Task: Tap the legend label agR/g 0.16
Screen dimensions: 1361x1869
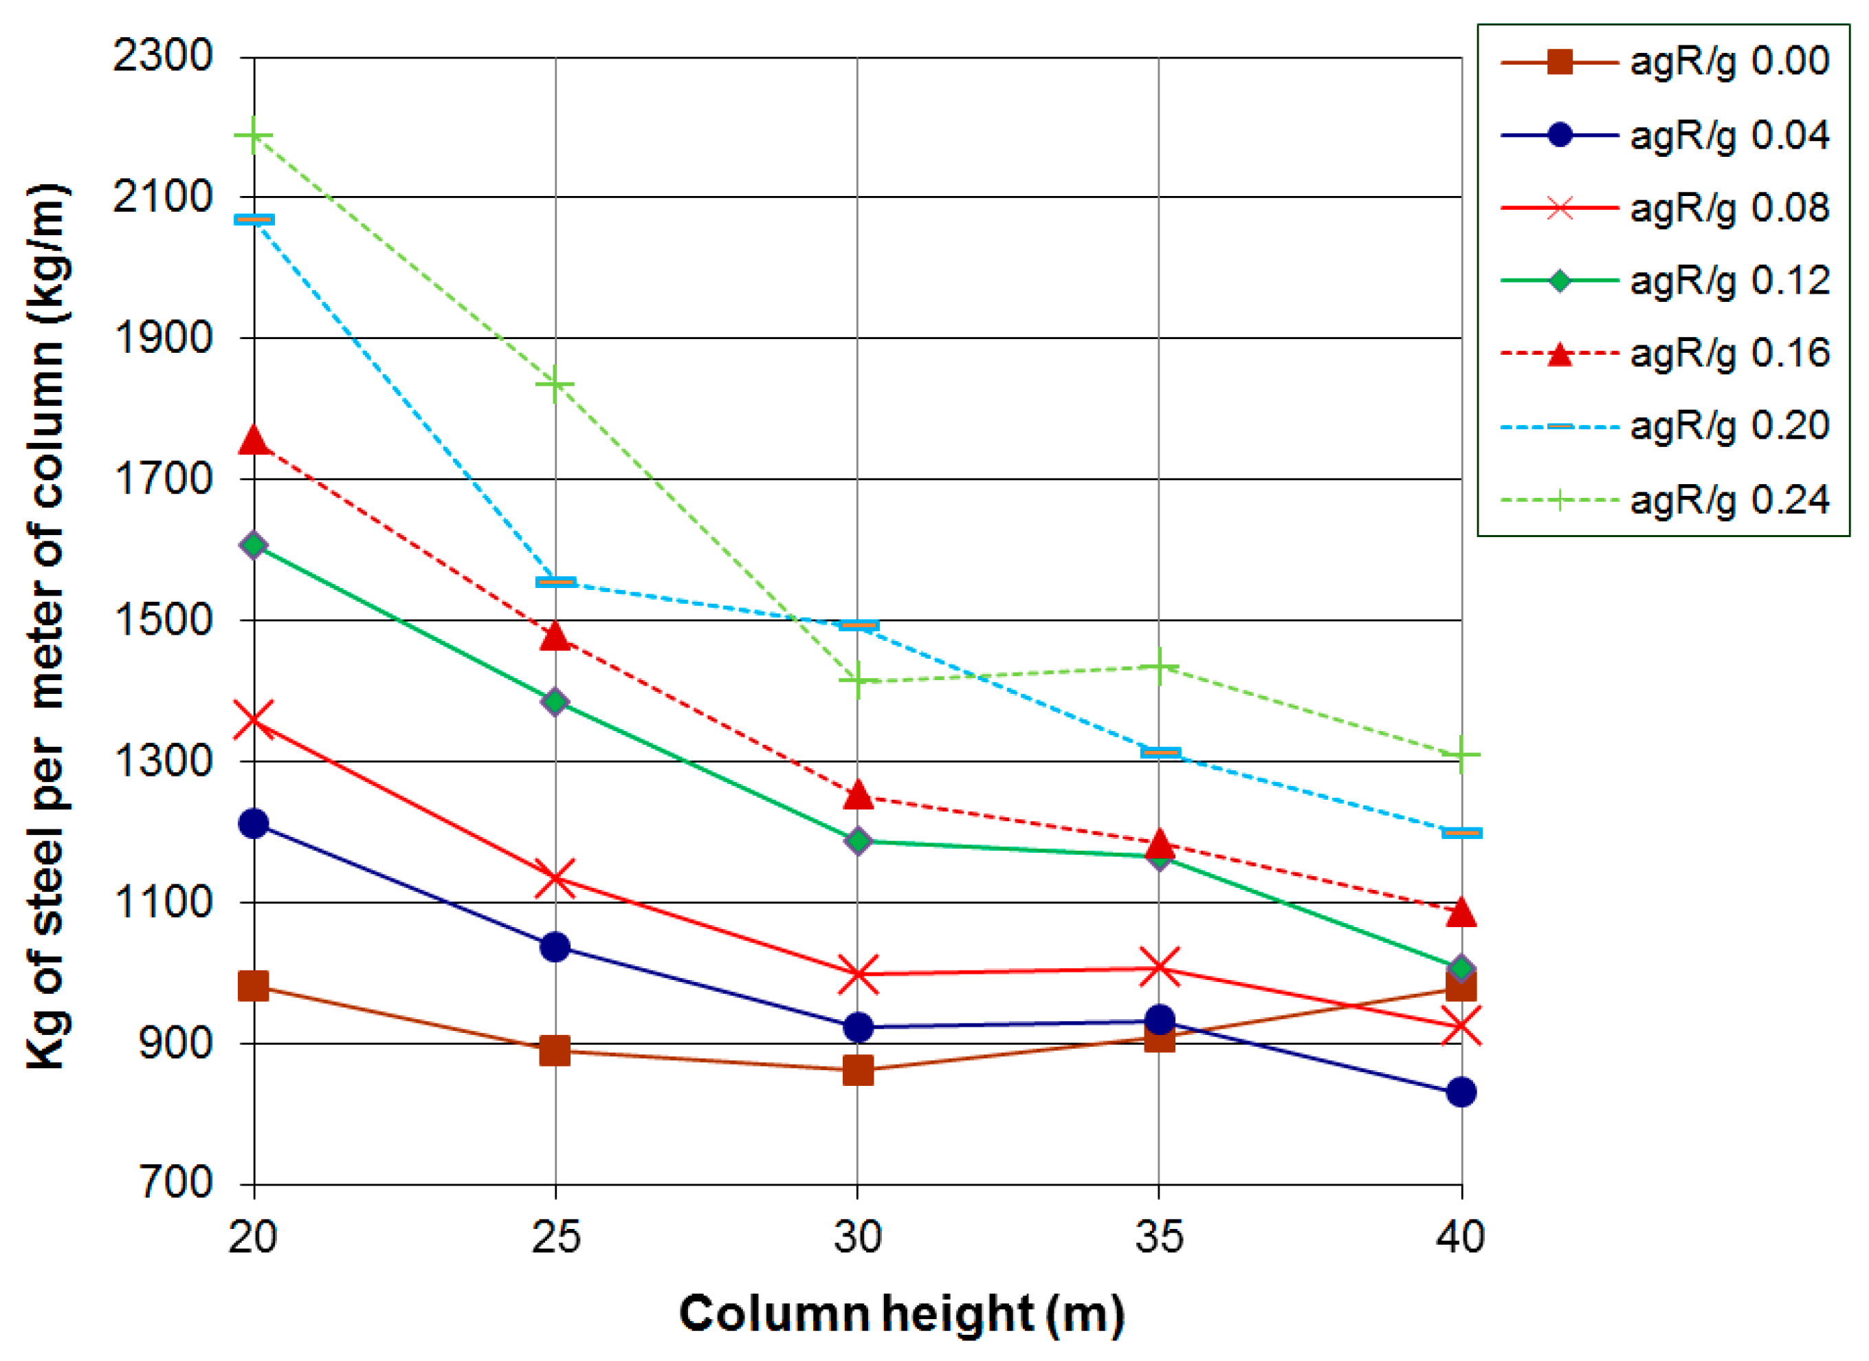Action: point(1729,353)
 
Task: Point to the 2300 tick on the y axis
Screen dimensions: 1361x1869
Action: point(163,56)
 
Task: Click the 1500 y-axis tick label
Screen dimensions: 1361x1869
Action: point(163,620)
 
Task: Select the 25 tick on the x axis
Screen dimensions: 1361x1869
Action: point(555,1237)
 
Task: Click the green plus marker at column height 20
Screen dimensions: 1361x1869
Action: point(254,135)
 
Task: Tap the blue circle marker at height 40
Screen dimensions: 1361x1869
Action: point(1461,1093)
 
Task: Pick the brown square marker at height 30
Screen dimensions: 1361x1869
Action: point(858,1071)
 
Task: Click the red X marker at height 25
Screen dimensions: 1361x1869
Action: point(555,879)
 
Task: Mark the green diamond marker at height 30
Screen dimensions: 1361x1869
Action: point(858,842)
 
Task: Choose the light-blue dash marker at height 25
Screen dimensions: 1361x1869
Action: point(555,582)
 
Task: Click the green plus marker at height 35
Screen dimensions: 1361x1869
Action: point(1160,666)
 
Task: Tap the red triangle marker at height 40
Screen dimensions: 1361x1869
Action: point(1461,912)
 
